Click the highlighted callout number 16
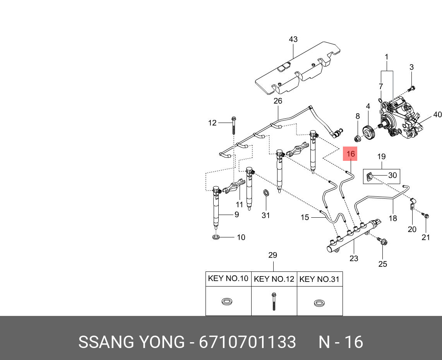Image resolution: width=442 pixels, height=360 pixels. coord(351,154)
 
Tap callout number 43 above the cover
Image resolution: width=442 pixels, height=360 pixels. coord(293,39)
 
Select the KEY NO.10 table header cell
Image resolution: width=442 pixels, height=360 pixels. coord(228,278)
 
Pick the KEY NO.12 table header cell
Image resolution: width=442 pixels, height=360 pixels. coord(274,279)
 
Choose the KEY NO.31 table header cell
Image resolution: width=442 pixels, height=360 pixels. coord(320,279)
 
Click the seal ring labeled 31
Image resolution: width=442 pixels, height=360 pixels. coord(266,193)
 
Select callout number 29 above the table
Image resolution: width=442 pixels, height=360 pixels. coord(273,255)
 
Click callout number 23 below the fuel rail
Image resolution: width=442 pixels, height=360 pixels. coord(354,259)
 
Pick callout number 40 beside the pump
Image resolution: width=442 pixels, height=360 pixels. coord(437,115)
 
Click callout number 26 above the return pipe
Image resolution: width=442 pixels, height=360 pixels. coord(278,101)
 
